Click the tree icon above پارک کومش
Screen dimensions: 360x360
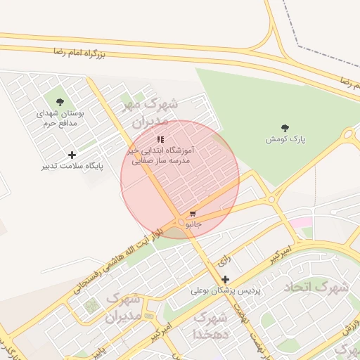point(285,128)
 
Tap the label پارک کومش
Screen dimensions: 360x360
point(285,139)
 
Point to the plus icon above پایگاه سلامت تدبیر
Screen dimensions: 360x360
point(72,155)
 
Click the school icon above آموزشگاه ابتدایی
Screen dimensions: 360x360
point(160,139)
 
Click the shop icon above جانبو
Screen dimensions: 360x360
point(193,212)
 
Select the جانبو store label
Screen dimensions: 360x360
point(193,224)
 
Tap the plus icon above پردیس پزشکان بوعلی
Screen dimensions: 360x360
point(225,279)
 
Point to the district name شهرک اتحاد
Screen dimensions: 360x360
point(316,288)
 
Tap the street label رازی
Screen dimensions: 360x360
point(224,261)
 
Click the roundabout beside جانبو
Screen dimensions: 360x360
point(182,223)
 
